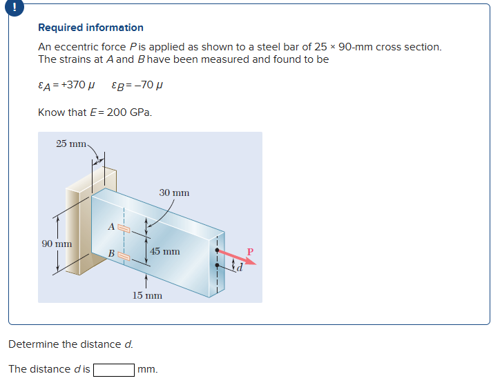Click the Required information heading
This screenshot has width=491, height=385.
90,28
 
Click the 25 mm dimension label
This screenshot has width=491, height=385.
70,144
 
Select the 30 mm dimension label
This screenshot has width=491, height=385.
173,192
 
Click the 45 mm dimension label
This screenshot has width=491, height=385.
165,251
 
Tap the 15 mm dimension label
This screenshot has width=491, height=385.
147,295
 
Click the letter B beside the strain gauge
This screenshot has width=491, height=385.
110,254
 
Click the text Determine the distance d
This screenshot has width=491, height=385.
70,344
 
